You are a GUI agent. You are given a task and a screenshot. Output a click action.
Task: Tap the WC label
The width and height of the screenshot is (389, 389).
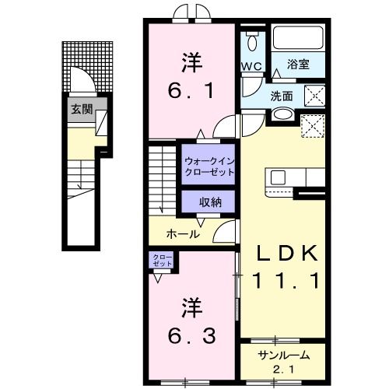point(251,66)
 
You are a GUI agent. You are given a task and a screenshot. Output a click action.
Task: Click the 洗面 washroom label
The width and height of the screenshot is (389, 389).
point(282,97)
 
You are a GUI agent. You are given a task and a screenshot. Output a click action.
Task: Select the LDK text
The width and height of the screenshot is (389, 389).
point(289,253)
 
